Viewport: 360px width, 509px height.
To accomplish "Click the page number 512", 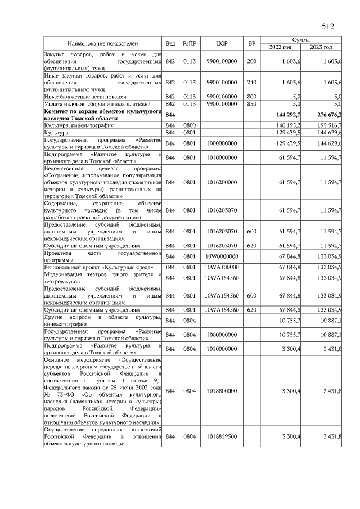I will click(328, 25).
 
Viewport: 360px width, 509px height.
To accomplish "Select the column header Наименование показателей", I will click(103, 43).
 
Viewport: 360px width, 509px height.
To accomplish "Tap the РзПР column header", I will click(189, 43).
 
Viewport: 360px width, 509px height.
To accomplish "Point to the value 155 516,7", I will click(330, 125).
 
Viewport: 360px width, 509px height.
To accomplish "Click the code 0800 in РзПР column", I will click(189, 125).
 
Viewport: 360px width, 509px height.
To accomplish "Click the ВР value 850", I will click(251, 104).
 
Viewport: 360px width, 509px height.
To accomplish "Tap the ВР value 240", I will click(251, 82).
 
